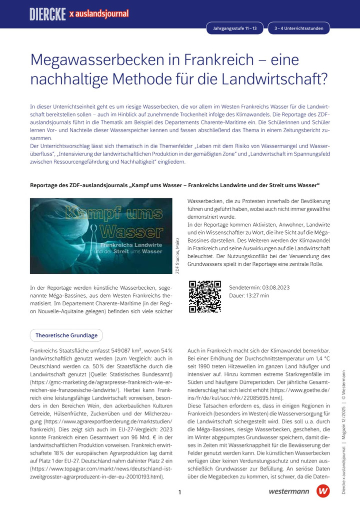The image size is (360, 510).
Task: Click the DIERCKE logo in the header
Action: (48, 14)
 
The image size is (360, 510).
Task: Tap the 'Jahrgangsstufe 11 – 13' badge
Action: (235, 29)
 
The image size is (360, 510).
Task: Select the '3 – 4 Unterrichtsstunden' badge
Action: (298, 29)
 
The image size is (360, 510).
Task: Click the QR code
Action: (204, 296)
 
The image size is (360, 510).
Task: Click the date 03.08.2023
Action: (275, 288)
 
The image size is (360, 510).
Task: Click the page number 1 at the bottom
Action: (179, 492)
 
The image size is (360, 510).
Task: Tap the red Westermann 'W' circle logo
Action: (323, 491)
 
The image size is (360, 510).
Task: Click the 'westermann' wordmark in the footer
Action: (288, 492)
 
